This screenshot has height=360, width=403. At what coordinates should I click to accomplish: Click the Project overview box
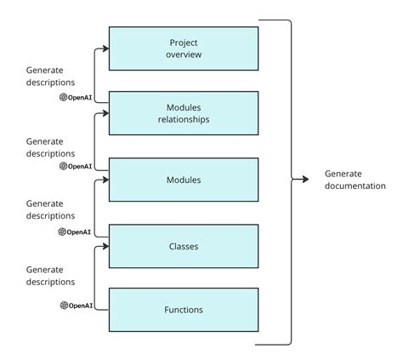pos(183,48)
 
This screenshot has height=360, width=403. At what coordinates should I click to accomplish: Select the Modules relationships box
pos(183,113)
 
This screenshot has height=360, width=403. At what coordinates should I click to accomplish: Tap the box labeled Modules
pos(183,180)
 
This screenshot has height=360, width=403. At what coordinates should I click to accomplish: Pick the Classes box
pos(183,246)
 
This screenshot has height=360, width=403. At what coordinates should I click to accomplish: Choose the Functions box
pos(183,310)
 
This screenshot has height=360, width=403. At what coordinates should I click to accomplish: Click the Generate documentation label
pos(355,180)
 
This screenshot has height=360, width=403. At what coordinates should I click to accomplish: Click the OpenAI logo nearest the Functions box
pos(64,305)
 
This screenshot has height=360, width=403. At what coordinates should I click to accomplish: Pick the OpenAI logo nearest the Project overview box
pos(64,97)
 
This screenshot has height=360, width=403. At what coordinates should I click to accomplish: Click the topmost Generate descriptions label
pos(50,77)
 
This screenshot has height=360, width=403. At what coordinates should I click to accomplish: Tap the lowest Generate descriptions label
pos(50,275)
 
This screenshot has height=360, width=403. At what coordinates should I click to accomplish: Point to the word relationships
pos(183,119)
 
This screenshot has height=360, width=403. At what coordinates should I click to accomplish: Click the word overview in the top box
pos(183,54)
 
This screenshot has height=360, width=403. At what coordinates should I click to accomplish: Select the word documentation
pos(355,186)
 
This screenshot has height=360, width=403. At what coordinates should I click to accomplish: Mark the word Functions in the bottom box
pos(183,310)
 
